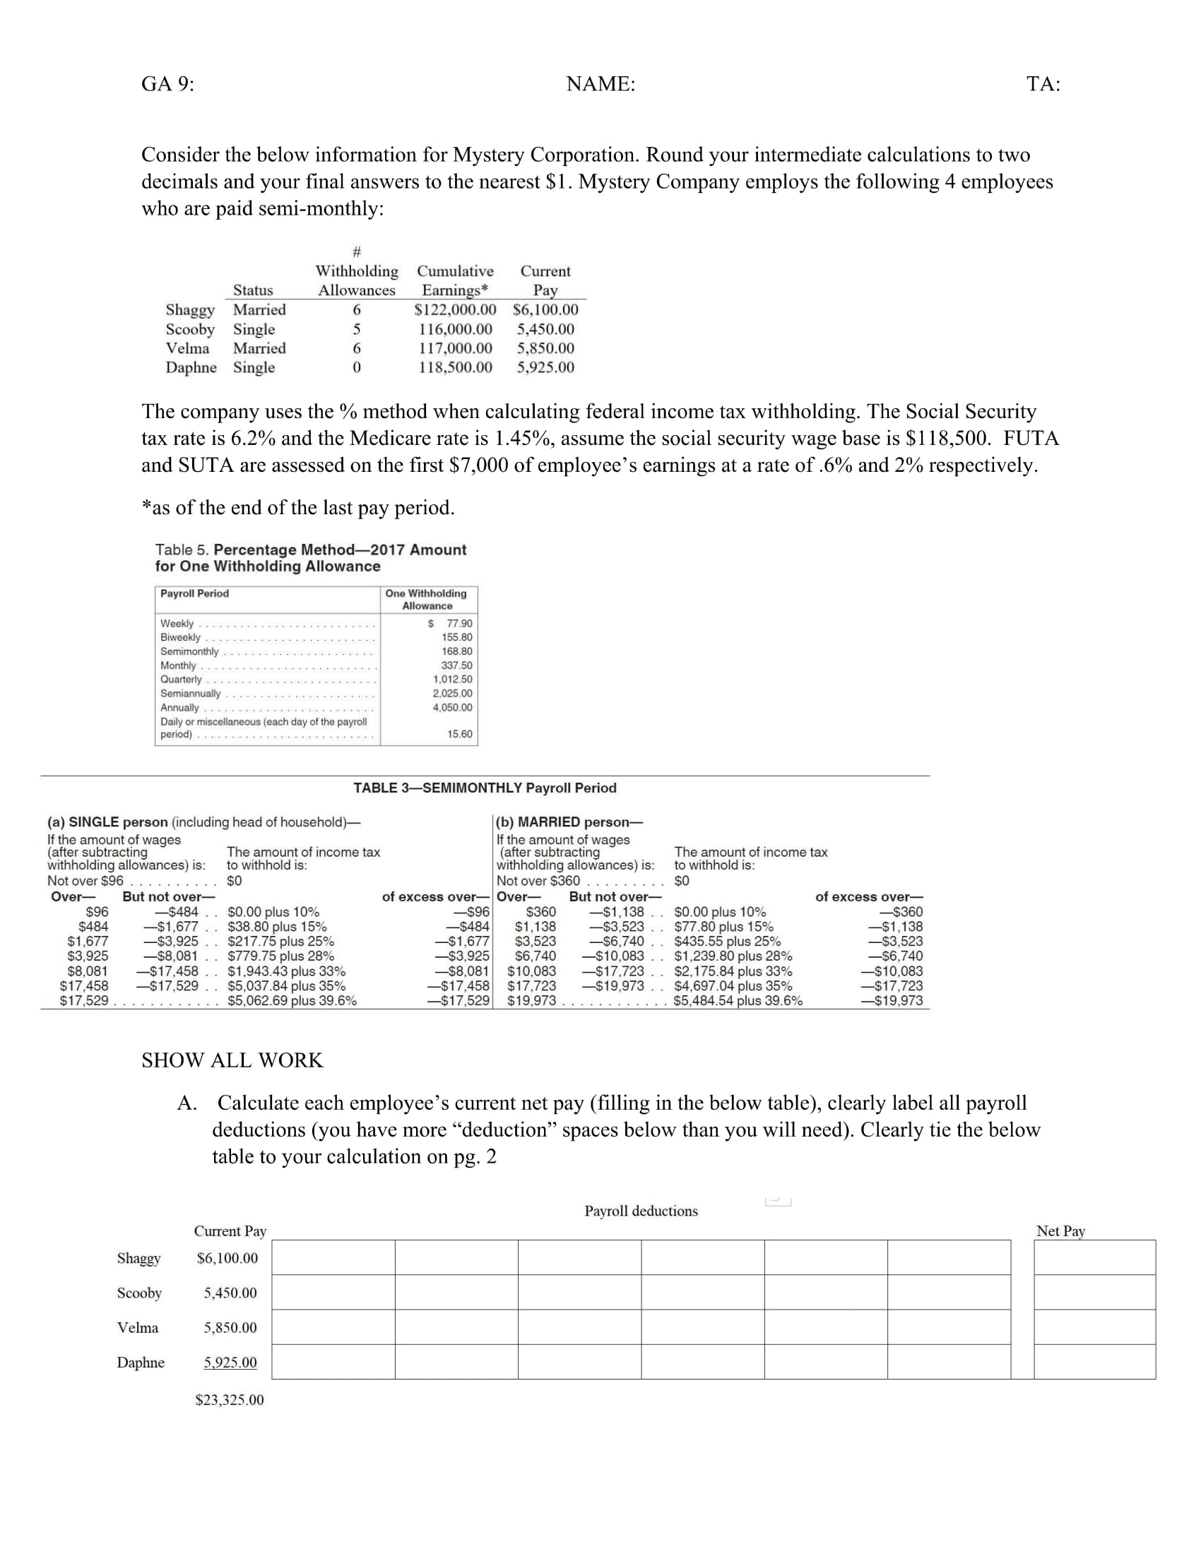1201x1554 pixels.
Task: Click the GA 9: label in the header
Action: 167,84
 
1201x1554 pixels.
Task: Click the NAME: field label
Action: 600,84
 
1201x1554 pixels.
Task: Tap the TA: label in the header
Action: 1043,84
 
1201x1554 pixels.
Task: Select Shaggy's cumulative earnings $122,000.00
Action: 455,309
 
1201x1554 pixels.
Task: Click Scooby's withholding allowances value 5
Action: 357,328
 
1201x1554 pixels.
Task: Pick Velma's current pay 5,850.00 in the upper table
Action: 545,348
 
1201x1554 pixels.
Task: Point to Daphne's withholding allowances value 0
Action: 357,367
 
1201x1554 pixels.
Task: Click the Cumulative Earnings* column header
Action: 455,280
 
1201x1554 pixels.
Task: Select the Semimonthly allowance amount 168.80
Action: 456,651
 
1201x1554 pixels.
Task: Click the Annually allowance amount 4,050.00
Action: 452,707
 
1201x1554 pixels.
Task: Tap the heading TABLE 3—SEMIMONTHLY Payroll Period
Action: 485,788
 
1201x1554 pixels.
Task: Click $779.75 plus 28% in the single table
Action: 280,956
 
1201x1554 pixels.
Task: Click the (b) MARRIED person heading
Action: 569,822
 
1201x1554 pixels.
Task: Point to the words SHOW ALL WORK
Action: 232,1060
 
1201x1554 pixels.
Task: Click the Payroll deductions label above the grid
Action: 640,1211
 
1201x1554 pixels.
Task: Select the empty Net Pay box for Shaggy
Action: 1094,1257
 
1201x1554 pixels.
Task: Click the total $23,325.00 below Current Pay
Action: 229,1399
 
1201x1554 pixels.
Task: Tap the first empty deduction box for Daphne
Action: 333,1361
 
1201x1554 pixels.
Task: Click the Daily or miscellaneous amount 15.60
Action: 459,734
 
